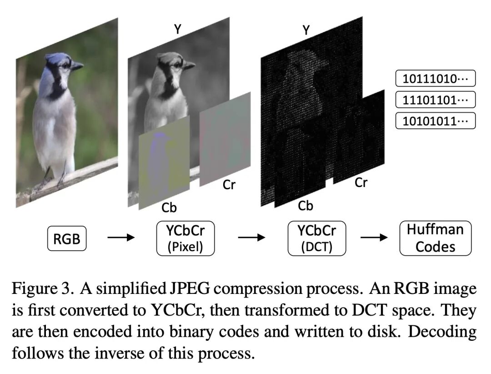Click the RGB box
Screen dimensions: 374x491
pos(67,238)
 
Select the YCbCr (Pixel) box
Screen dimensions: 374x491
pos(185,238)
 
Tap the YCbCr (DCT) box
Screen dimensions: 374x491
pos(316,238)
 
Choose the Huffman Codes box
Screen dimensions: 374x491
pos(435,238)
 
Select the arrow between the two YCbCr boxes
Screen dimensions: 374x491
pos(251,238)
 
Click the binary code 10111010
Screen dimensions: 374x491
pos(435,78)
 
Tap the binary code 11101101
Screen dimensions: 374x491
pos(435,100)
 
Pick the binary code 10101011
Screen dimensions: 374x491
pos(435,121)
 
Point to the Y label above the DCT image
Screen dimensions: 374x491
pos(306,30)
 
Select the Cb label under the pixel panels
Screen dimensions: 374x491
pos(169,207)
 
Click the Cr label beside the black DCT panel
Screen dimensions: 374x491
pos(361,183)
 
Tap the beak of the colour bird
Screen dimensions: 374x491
pos(77,66)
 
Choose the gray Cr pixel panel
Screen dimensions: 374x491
pos(225,139)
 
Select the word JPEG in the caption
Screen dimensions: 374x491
pos(183,288)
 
